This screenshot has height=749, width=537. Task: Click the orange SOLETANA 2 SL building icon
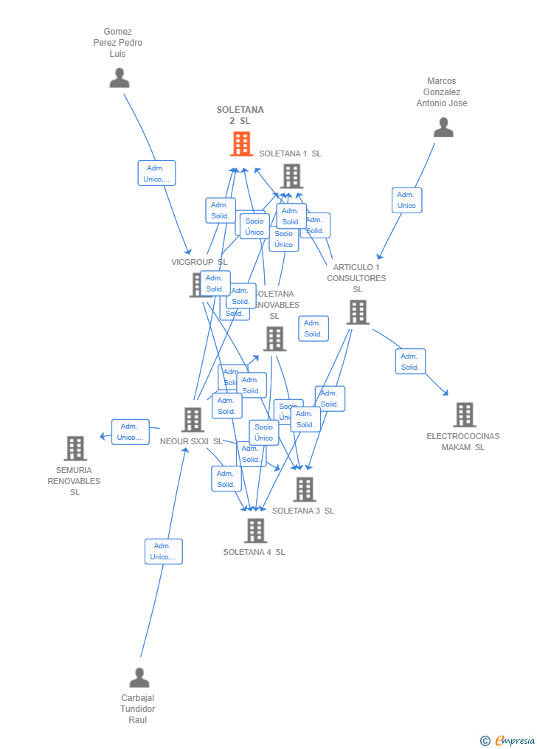click(241, 144)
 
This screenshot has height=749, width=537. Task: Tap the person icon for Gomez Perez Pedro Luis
click(119, 77)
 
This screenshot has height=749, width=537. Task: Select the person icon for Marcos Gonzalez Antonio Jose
click(443, 128)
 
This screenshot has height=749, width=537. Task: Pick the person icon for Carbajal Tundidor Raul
click(139, 677)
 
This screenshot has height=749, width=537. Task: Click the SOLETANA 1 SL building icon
click(292, 176)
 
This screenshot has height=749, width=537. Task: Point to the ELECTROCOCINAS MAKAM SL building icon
click(464, 415)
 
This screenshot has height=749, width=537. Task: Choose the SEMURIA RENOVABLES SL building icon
click(75, 448)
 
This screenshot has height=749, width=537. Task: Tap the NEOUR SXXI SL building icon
click(193, 420)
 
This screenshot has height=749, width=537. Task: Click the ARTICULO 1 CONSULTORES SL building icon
click(358, 312)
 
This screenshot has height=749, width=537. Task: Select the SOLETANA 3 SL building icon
click(304, 489)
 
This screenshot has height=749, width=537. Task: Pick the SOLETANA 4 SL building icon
click(255, 531)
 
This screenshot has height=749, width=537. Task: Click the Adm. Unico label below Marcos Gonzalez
click(406, 200)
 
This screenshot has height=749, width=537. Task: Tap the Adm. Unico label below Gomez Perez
click(156, 173)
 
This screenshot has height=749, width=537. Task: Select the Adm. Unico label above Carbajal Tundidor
click(163, 551)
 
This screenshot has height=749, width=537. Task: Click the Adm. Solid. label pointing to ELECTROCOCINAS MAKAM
click(410, 362)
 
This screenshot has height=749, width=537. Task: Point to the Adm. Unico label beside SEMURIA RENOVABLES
click(130, 432)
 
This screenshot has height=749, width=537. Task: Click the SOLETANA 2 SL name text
click(240, 115)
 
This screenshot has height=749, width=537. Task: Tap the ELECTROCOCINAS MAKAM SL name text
click(462, 441)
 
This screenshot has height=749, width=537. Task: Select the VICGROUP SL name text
click(199, 262)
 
